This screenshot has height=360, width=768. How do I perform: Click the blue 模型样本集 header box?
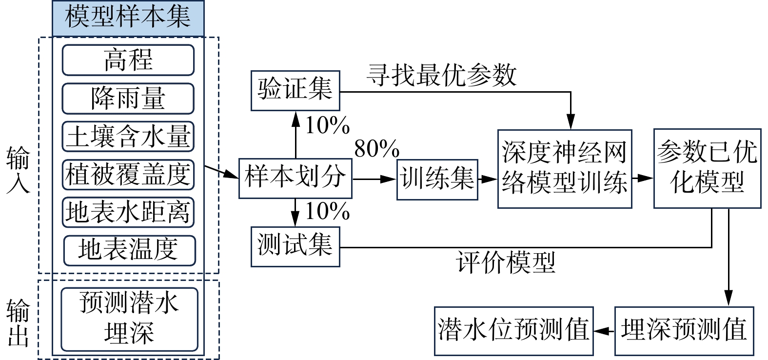point(128,18)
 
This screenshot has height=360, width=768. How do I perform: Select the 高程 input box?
point(128,60)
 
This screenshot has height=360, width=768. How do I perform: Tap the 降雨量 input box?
point(128,99)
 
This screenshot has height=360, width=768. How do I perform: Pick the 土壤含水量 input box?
point(128,136)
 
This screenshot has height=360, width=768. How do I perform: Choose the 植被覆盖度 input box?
point(128,174)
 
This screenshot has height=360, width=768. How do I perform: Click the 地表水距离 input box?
point(128,212)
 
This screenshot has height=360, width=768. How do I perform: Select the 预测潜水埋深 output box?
point(129,319)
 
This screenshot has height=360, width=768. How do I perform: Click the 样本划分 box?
point(295,178)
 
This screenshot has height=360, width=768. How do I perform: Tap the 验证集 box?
point(295,91)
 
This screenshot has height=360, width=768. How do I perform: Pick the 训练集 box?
point(437,180)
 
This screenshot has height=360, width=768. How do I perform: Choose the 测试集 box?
point(295,246)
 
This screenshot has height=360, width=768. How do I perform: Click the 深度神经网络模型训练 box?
point(565,169)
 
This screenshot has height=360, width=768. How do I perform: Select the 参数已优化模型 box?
point(707,169)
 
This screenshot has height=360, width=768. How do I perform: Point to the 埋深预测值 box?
point(684,331)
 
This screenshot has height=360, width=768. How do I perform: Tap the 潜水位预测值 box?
point(513,331)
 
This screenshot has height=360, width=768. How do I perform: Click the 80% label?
point(376,149)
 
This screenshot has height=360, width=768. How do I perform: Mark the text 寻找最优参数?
point(442,76)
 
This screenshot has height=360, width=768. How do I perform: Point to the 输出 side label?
point(19,322)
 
